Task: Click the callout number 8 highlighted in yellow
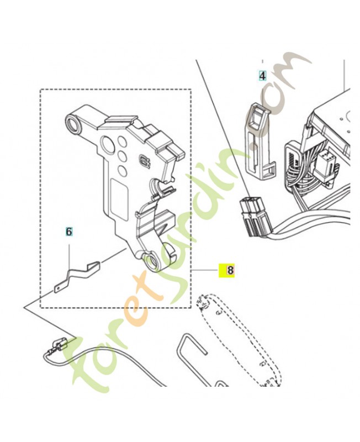[227, 271]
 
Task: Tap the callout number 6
[69, 231]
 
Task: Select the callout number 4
[263, 76]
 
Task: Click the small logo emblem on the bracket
[146, 162]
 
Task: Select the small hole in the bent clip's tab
[59, 287]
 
